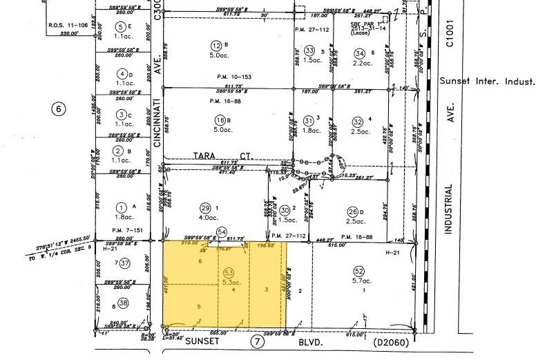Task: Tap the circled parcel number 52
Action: (x=358, y=271)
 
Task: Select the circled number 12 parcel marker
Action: (x=216, y=46)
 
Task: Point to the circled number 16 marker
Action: (x=216, y=120)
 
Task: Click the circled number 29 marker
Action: (x=204, y=208)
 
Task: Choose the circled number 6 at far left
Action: (x=59, y=108)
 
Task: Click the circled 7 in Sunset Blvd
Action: (x=257, y=341)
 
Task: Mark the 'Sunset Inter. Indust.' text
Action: (x=486, y=82)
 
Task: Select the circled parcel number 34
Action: (x=358, y=53)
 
